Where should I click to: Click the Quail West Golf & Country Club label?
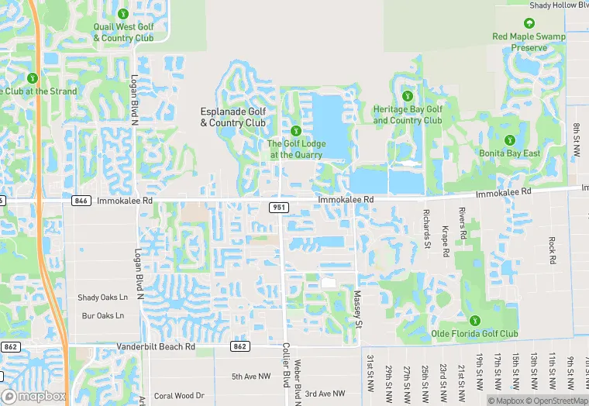[x=123, y=33]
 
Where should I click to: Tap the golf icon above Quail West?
[x=123, y=13]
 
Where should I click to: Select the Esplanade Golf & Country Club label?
[x=233, y=117]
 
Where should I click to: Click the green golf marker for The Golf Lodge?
[x=295, y=129]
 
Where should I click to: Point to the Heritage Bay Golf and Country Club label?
[x=408, y=115]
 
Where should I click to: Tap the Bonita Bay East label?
[x=510, y=153]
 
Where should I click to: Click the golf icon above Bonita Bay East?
[x=510, y=139]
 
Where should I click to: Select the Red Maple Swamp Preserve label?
[x=529, y=42]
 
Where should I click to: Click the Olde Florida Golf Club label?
[x=475, y=334]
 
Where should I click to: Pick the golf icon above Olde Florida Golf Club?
[x=475, y=321]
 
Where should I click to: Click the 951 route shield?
[x=279, y=208]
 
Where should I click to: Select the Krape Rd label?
[x=446, y=239]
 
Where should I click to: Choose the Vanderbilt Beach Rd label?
[x=156, y=346]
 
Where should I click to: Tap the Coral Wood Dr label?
[x=179, y=395]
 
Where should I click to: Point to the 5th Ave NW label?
[x=251, y=377]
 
